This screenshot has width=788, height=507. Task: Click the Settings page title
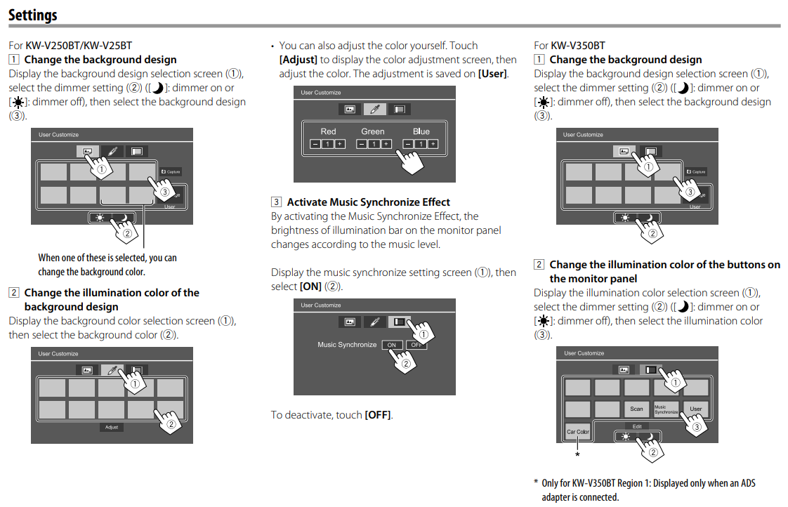tap(33, 14)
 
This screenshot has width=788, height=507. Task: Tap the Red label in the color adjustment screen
tap(328, 131)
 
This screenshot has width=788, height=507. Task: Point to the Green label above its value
tap(373, 131)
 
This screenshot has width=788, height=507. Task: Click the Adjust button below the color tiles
tap(112, 427)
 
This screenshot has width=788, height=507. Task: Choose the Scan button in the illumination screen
tap(636, 409)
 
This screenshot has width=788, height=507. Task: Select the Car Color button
tap(577, 432)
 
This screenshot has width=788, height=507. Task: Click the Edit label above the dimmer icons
tap(637, 426)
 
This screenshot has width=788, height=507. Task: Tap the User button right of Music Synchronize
tap(695, 409)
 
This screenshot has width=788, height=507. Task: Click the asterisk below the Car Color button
tap(577, 455)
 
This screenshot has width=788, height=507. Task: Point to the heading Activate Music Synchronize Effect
tap(368, 202)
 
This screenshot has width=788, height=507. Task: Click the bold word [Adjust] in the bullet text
tap(298, 60)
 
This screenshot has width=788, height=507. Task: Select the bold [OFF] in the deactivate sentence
tap(378, 415)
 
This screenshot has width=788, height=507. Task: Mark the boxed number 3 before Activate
tap(277, 202)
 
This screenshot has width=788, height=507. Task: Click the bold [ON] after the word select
tap(310, 287)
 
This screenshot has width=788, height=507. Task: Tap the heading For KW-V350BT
tap(569, 46)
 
